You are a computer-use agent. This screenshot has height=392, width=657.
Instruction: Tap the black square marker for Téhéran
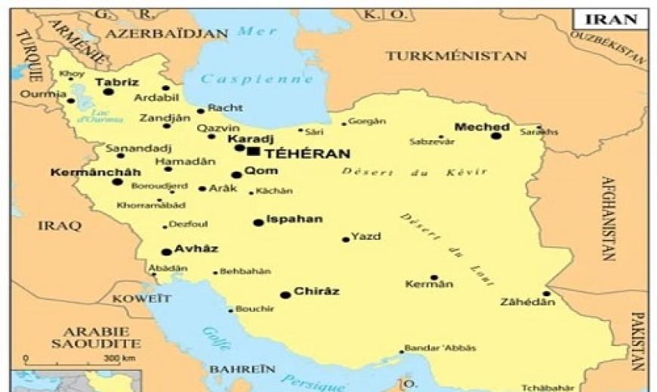point(254,152)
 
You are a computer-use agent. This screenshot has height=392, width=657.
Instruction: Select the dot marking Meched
point(496,136)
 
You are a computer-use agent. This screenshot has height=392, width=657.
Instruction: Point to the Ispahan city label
point(295,219)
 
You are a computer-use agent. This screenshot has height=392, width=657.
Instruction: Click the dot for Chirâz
point(285,295)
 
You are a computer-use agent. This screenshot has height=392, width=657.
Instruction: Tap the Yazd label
point(366,236)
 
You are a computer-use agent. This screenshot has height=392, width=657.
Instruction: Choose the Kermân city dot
point(434,277)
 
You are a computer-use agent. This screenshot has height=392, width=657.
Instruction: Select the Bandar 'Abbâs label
point(440,347)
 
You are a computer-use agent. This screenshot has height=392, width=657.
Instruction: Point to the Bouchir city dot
point(231,310)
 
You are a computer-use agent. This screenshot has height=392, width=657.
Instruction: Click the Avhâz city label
point(196,248)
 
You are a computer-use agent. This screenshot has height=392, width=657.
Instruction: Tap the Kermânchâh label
point(85,172)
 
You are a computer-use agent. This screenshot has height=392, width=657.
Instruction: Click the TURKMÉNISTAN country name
point(455,56)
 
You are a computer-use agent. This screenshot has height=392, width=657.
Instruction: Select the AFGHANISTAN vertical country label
point(609,218)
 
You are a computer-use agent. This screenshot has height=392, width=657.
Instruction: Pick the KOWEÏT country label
point(137,299)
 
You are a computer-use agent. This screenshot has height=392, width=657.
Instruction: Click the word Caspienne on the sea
point(258,78)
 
